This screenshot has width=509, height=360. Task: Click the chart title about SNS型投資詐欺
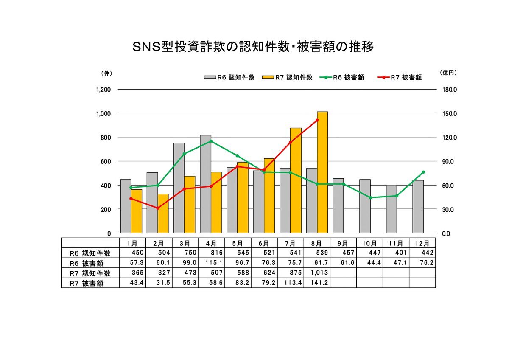pos(254,47)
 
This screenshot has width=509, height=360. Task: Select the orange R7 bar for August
pos(322,172)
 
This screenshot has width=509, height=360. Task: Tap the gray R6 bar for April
pos(205,184)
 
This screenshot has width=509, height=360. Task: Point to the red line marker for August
pos(317,120)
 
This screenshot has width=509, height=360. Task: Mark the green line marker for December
pos(423,172)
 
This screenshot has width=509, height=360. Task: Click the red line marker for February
pos(157,208)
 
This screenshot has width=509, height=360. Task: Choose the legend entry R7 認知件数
pos(288,77)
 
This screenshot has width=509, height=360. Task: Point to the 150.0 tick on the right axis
pos(449,114)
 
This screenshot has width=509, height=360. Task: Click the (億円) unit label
pos(449,73)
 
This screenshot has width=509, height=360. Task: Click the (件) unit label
pos(106,73)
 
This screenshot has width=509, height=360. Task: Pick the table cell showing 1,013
pos(316,273)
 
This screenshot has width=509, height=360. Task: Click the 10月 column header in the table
pos(369,243)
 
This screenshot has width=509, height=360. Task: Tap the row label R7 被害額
pos(87,283)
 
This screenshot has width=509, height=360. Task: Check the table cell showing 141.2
pos(316,283)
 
